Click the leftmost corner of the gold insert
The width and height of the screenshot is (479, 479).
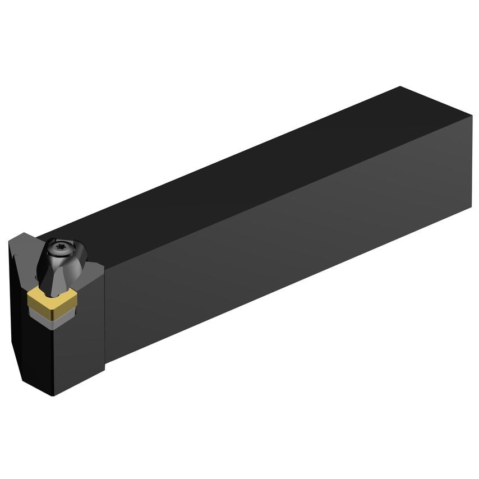coord(28,296)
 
